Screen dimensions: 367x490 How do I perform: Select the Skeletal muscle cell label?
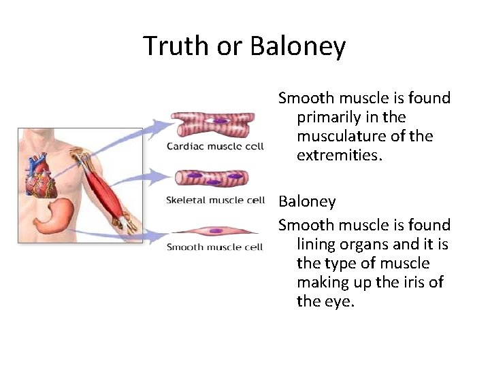tap(215, 200)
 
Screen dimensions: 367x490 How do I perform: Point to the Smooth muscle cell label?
tap(215, 247)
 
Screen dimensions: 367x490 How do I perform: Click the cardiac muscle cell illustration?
tap(212, 124)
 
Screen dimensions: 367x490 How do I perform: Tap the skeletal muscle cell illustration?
tap(212, 179)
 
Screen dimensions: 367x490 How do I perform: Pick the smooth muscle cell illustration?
tap(212, 231)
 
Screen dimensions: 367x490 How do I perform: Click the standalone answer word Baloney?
tap(307, 202)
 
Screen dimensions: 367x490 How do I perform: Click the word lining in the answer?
tap(316, 244)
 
